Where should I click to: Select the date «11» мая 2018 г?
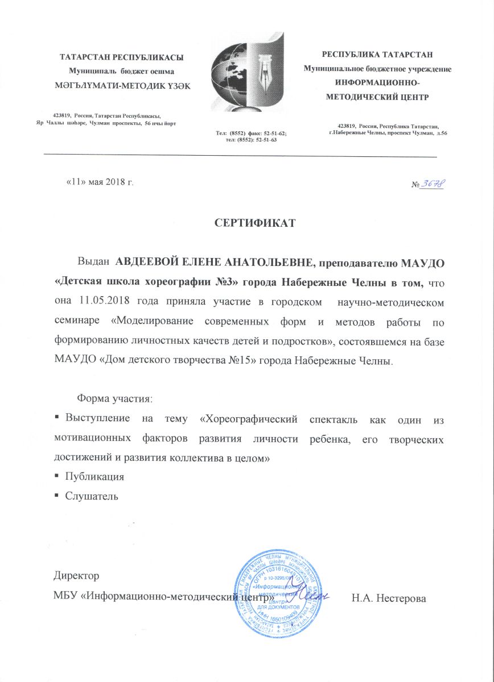point(100,182)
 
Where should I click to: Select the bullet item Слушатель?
point(92,496)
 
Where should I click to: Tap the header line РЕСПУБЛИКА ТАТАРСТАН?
point(378,55)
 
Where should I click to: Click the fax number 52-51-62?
point(275,132)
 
